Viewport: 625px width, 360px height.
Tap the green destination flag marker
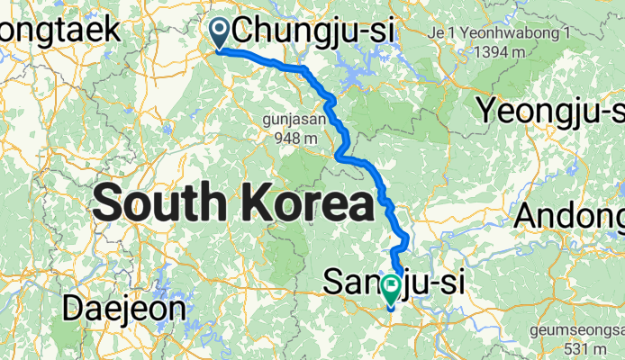[x=391, y=290]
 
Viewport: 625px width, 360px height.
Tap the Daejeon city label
[x=124, y=309]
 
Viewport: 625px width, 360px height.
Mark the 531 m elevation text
[x=594, y=348]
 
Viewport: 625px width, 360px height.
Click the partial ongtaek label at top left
[x=59, y=30]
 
